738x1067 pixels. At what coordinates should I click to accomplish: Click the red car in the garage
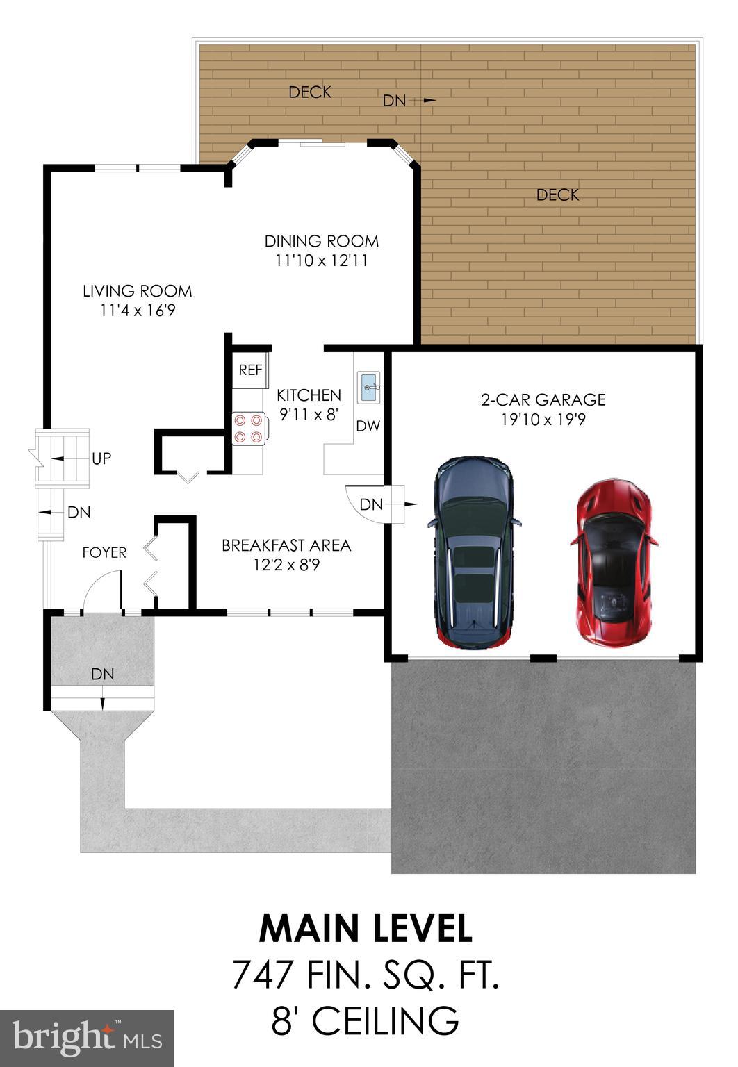pos(614,563)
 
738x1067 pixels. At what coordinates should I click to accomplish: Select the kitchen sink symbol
pos(368,387)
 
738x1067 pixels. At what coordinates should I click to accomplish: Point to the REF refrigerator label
pos(250,370)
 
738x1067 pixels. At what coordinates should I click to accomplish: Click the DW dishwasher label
pos(368,427)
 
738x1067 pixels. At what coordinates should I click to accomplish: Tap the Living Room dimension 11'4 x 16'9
pos(138,311)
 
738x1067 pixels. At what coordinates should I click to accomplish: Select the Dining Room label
pos(321,241)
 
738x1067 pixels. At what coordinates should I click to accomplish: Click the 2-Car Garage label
pos(543,399)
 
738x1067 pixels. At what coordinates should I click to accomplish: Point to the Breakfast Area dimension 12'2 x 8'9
pos(286,565)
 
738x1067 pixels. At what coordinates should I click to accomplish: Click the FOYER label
pos(104,552)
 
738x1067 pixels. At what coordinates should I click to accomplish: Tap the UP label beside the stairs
pos(101,458)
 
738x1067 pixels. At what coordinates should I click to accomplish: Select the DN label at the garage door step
pos(371,504)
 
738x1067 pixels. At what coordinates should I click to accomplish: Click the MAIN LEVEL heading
pos(366,929)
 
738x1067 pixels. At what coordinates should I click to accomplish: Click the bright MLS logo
pos(87,1039)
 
